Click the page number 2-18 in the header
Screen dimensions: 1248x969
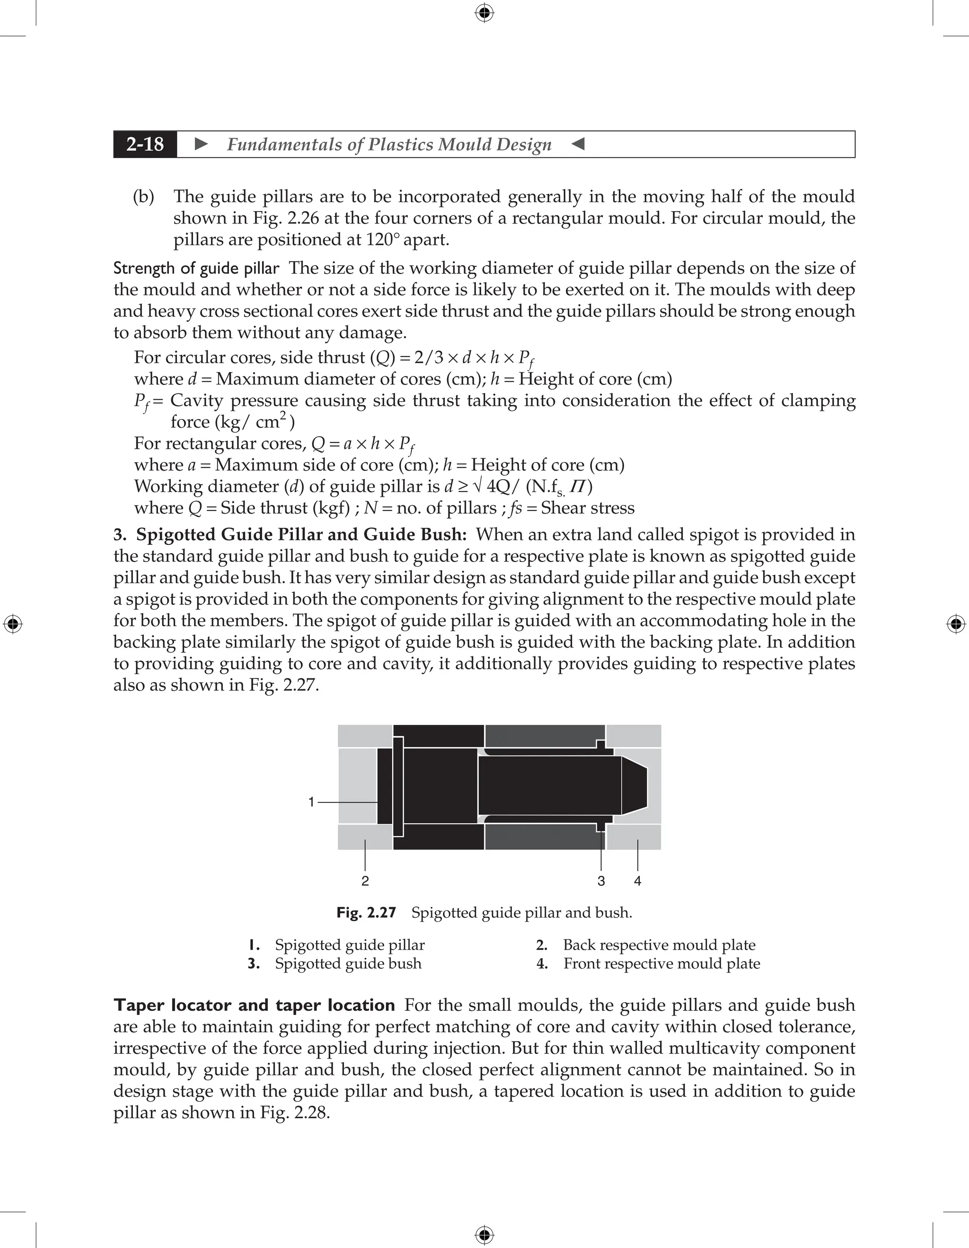point(145,144)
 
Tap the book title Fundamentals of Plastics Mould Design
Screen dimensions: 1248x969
point(389,144)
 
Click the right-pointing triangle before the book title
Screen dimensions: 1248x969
point(202,144)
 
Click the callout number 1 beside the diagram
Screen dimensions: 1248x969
point(311,802)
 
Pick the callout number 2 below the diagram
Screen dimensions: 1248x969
point(365,881)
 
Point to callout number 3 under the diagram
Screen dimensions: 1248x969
point(601,881)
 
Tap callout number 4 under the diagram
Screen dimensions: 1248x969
point(638,881)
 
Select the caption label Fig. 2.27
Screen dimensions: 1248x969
point(366,913)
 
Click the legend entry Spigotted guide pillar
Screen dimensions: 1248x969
point(350,945)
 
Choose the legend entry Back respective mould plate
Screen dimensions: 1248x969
point(659,945)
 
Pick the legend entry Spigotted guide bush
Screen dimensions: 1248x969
point(348,963)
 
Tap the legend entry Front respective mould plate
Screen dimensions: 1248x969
point(661,963)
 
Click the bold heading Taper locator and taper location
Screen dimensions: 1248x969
point(254,1005)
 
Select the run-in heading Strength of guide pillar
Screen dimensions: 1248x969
point(196,268)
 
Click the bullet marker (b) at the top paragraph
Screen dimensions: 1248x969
point(143,196)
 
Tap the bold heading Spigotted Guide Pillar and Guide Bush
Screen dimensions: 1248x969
point(301,535)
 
